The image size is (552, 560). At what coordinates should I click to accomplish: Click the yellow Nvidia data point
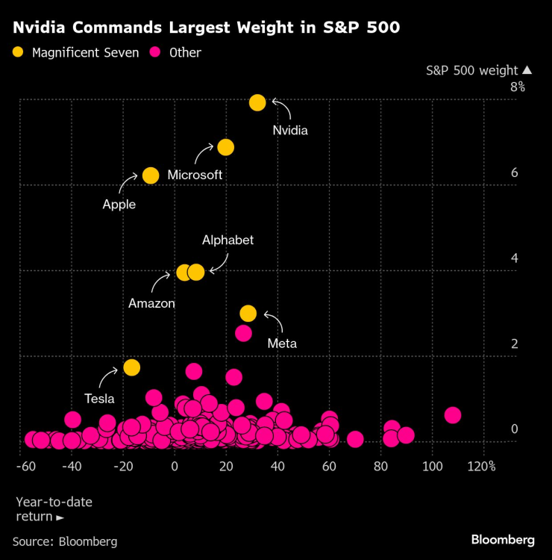(257, 102)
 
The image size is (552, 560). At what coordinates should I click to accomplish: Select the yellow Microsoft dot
(225, 147)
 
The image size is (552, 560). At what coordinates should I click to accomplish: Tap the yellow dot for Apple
(151, 175)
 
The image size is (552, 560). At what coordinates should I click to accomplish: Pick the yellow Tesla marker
(132, 367)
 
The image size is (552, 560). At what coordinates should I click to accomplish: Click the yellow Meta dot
(248, 313)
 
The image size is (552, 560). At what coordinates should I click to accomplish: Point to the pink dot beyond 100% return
(452, 415)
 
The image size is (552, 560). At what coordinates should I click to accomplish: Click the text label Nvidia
(290, 130)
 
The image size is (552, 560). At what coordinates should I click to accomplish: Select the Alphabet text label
(228, 240)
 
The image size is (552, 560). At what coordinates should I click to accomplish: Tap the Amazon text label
(151, 303)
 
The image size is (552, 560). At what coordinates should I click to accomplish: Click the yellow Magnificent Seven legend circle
(19, 52)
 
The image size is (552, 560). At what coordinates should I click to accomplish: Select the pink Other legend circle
(157, 52)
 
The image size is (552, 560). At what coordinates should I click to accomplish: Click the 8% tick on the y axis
(518, 87)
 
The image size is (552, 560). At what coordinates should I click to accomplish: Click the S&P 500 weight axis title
(471, 70)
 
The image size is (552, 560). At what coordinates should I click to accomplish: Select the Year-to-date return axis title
(54, 509)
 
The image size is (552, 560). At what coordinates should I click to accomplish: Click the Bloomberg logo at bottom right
(502, 539)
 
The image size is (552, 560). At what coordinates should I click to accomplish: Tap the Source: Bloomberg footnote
(65, 541)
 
